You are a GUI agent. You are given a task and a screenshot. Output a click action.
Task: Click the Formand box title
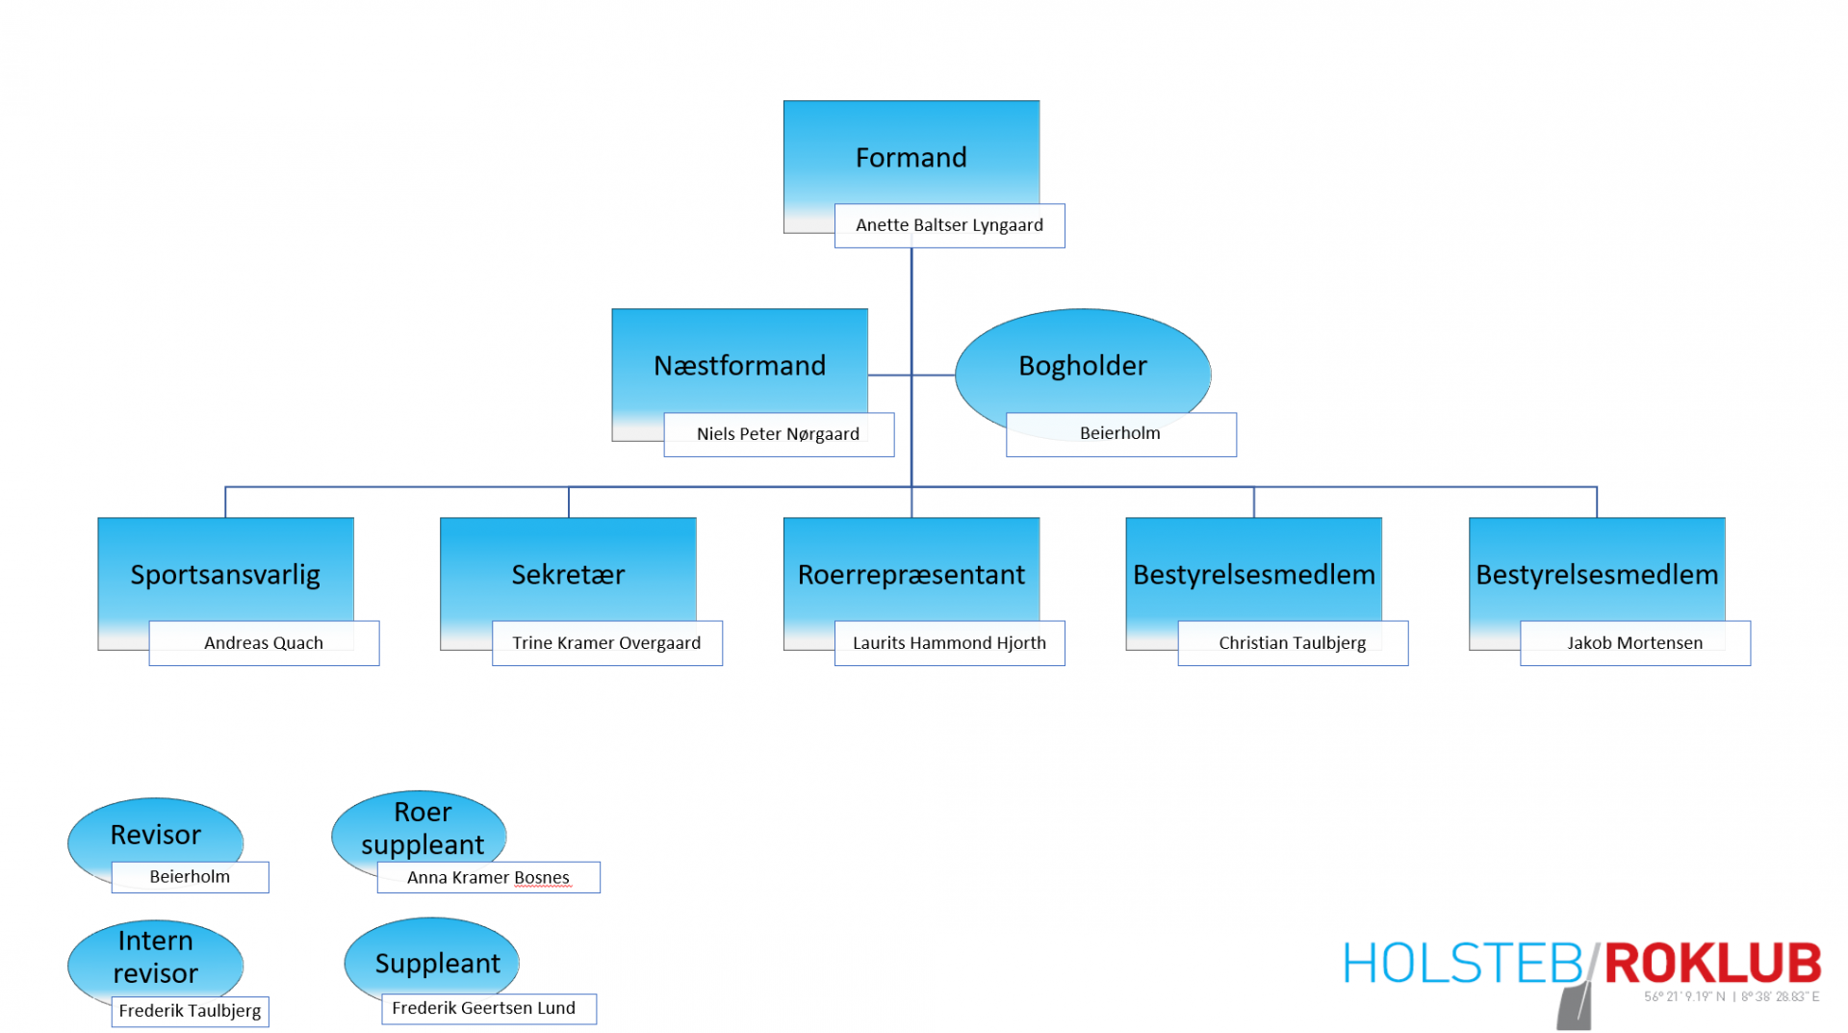(x=911, y=157)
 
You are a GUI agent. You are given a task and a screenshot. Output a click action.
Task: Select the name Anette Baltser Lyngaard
(x=949, y=225)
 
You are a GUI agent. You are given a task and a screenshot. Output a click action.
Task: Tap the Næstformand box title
(x=739, y=366)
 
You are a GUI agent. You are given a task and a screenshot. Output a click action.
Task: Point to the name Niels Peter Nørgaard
(x=778, y=434)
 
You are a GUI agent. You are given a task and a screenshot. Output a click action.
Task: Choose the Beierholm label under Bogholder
(x=1120, y=433)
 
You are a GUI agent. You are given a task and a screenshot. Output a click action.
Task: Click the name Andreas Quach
(x=264, y=643)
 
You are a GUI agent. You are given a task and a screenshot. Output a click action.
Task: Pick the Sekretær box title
(x=568, y=575)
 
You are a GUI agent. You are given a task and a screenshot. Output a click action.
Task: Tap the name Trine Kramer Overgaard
(x=606, y=643)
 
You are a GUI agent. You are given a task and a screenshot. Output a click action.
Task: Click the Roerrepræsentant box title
(x=911, y=575)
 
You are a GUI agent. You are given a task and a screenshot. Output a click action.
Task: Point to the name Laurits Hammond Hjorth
(x=949, y=643)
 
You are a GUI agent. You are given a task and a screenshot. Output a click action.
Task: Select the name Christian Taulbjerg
(x=1293, y=643)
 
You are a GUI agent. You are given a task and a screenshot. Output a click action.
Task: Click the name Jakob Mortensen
(x=1635, y=643)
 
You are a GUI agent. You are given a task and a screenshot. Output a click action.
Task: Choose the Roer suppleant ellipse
(x=420, y=828)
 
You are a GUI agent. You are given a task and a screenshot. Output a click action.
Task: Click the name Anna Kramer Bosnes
(x=488, y=878)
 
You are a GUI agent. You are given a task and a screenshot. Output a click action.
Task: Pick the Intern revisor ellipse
(x=155, y=958)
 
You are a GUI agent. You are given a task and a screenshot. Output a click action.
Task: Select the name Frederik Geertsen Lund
(x=483, y=1008)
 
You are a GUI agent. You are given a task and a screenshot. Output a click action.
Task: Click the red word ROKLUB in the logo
(x=1712, y=964)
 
